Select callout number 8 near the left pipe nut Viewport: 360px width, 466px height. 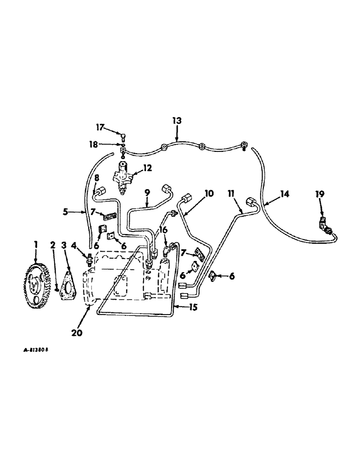click(97, 178)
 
